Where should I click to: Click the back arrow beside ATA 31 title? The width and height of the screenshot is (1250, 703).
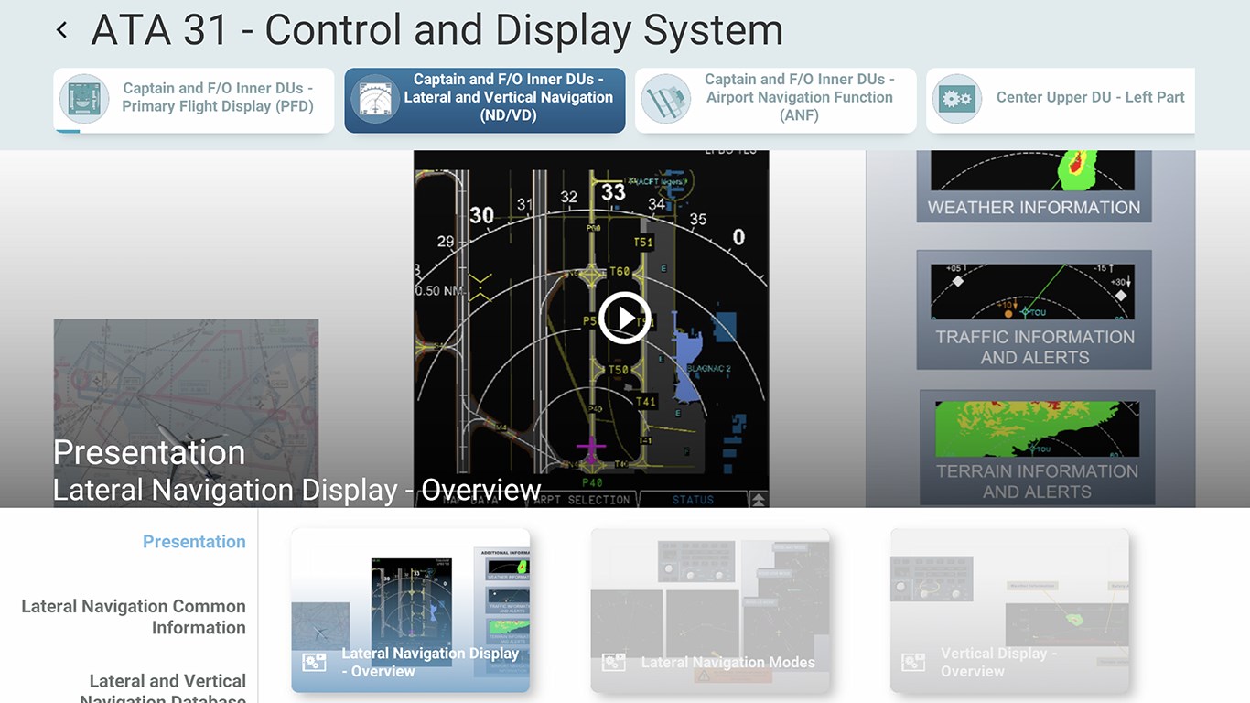coord(62,30)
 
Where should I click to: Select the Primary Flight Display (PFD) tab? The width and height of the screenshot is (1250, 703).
coord(194,98)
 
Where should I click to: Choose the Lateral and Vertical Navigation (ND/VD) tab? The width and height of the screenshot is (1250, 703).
coord(485,98)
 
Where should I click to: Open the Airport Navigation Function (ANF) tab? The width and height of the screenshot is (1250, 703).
coord(776,98)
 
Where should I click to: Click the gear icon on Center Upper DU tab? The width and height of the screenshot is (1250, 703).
coord(957,99)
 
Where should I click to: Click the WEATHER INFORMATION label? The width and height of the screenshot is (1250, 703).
coord(1034,208)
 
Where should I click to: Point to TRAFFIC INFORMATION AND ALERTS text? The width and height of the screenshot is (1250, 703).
coord(1035,347)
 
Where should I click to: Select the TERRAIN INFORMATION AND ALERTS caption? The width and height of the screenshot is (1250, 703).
coord(1037,481)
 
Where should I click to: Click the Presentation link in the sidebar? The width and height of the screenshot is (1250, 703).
coord(194,542)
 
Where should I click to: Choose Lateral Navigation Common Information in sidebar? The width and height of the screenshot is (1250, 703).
coord(134,617)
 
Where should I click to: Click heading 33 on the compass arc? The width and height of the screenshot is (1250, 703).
coord(613,192)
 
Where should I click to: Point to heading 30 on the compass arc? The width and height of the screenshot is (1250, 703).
coord(481,216)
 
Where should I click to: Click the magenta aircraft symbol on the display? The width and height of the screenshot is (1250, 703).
coord(592,449)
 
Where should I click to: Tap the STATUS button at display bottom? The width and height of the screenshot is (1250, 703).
coord(693,500)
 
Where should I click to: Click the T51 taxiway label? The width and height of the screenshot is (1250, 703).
coord(643,243)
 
